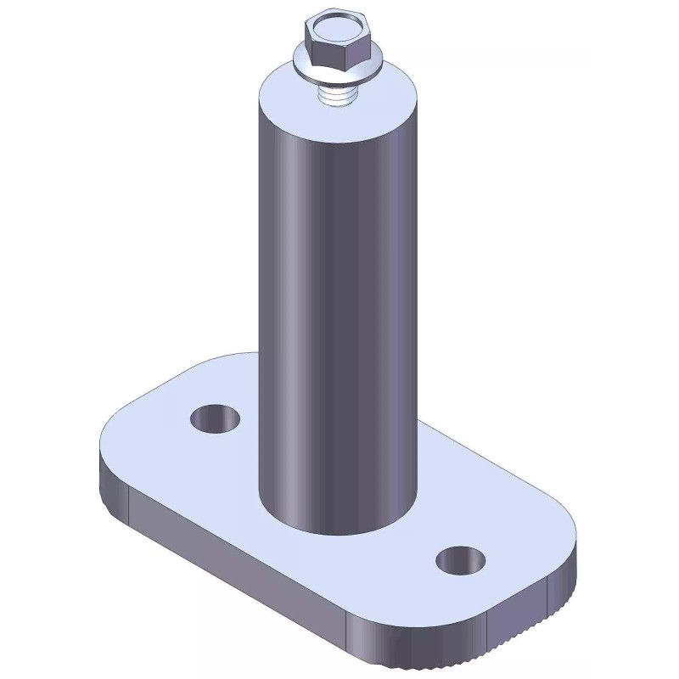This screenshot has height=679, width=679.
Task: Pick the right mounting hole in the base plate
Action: [461, 559]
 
